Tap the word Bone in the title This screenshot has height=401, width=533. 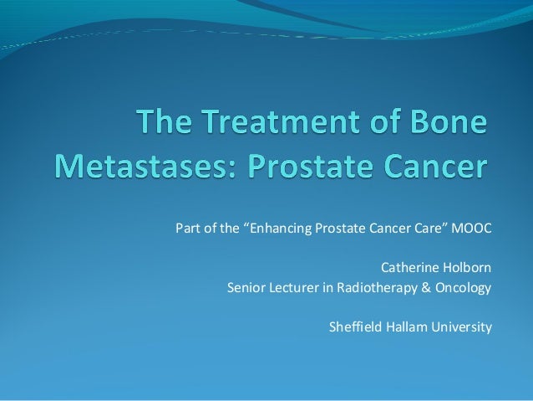[444, 125]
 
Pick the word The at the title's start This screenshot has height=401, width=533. [166, 125]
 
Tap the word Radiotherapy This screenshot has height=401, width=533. [375, 289]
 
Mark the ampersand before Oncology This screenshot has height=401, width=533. [425, 289]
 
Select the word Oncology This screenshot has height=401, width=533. [462, 289]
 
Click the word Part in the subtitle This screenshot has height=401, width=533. [187, 229]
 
